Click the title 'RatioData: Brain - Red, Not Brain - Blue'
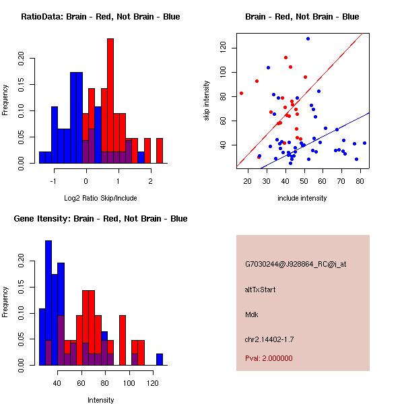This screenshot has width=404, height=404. tap(100, 17)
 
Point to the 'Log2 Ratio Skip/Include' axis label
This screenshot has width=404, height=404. tap(100, 198)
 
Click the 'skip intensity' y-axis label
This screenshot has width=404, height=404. tap(207, 101)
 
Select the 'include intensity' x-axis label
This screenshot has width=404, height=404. tap(302, 198)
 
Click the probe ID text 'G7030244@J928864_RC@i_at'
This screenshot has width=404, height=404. tap(296, 265)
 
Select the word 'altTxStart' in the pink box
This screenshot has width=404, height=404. tap(261, 290)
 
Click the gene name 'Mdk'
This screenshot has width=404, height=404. tap(252, 314)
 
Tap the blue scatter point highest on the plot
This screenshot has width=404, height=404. tap(308, 38)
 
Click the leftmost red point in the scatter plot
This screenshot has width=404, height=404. tap(241, 93)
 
